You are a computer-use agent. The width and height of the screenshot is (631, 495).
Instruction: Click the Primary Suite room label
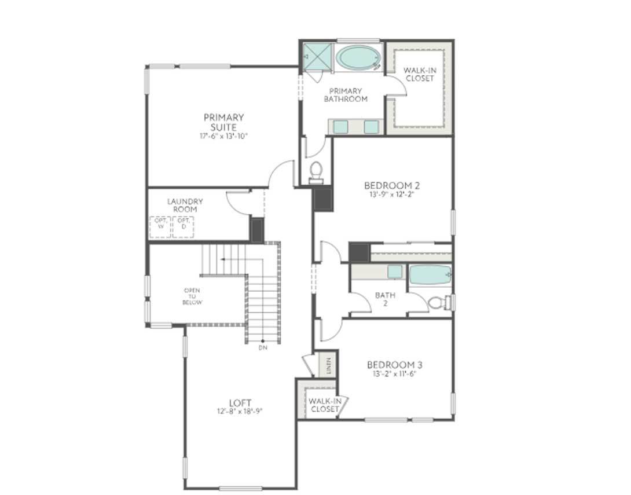click(223, 122)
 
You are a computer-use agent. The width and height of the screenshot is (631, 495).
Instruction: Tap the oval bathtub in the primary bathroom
click(359, 57)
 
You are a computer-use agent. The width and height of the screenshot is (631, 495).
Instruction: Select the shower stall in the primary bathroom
click(316, 56)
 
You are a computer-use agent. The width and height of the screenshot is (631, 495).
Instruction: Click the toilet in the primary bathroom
click(316, 171)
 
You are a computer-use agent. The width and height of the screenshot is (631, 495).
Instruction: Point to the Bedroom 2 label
click(392, 185)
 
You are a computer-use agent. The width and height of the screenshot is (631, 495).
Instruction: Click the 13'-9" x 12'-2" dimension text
click(392, 195)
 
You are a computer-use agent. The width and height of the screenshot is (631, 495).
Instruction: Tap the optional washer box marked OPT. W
click(160, 226)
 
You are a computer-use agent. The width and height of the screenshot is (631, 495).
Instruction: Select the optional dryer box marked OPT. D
click(183, 226)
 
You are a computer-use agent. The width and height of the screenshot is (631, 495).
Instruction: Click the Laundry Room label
click(185, 205)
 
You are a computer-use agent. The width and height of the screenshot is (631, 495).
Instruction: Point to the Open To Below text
click(192, 296)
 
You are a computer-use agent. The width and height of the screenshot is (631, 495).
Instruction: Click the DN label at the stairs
click(263, 348)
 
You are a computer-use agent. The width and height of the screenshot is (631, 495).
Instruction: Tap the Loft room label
click(240, 403)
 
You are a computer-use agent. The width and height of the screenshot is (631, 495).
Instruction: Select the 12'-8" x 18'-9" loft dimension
click(240, 412)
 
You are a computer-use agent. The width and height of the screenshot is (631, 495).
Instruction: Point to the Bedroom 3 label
click(394, 365)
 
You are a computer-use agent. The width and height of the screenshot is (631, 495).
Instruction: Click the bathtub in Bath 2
click(430, 274)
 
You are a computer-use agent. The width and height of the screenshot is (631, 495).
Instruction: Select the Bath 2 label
click(385, 299)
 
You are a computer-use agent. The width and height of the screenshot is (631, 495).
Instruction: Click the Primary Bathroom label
click(346, 95)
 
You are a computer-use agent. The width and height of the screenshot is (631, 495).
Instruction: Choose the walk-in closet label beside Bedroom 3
click(324, 405)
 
